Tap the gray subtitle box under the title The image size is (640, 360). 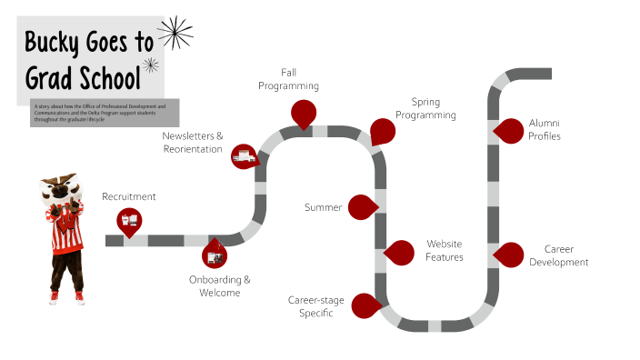105,112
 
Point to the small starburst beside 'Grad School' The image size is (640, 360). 152,65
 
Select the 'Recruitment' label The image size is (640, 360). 129,196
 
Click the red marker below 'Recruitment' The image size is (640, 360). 128,219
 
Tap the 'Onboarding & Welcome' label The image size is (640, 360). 220,285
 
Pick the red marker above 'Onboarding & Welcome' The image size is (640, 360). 215,254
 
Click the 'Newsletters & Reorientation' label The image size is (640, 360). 193,142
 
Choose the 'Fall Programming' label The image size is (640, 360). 288,79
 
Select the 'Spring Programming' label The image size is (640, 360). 425,108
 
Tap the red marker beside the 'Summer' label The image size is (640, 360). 363,207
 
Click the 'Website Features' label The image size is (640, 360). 445,250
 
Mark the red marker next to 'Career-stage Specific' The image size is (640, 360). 365,306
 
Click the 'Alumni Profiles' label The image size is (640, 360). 545,129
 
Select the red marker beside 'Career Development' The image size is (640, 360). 510,255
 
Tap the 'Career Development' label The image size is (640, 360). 559,255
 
